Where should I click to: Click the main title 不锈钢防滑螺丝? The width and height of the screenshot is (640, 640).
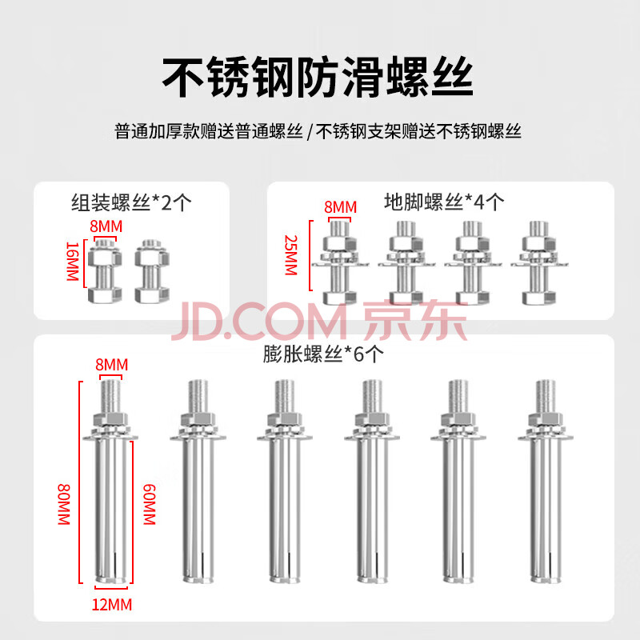tap(318, 77)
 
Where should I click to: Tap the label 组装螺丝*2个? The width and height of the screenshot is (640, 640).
tap(131, 202)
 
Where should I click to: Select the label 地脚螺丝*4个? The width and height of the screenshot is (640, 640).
tap(444, 202)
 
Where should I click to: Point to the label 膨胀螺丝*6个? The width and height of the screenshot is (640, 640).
tap(323, 354)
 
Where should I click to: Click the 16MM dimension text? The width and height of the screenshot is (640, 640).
tap(73, 262)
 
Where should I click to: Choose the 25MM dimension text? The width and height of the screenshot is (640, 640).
tap(291, 255)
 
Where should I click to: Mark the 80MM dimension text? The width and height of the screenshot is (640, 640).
tap(64, 504)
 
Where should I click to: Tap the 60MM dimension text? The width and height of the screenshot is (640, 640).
tap(149, 504)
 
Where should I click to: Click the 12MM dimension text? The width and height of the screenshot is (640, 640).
tap(112, 605)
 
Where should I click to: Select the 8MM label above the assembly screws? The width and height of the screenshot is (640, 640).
tap(106, 226)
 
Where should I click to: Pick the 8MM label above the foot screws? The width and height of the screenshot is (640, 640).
tap(341, 207)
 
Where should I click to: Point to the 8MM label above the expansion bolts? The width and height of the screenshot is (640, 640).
tap(112, 365)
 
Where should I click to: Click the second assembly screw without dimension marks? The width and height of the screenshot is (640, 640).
tap(152, 271)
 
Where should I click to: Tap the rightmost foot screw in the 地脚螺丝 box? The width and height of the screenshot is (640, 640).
tap(538, 263)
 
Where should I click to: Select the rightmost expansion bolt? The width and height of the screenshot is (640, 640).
tap(546, 482)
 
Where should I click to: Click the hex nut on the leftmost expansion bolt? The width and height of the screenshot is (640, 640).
tap(110, 419)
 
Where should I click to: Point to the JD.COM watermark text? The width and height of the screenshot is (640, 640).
tap(259, 322)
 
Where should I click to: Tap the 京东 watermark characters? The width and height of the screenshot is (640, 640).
tap(414, 321)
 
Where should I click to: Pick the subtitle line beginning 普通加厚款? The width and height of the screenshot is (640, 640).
tap(318, 131)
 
